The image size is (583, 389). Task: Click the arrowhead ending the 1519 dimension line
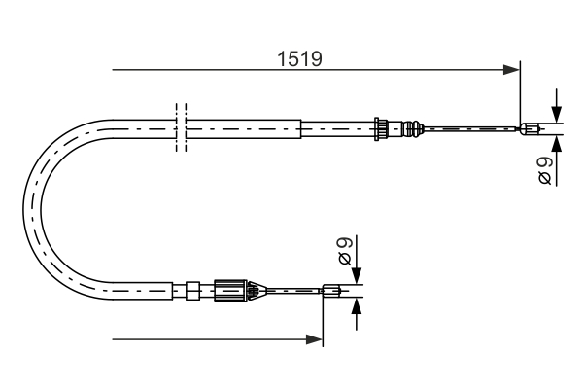(x=511, y=69)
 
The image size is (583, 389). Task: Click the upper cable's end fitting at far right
(x=532, y=127)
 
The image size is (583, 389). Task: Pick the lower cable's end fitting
(x=332, y=288)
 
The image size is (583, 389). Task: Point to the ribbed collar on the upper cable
(x=383, y=127)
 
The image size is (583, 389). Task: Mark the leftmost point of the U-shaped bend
(x=22, y=207)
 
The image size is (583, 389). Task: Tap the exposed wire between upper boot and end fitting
(x=471, y=127)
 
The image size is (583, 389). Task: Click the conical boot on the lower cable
(x=255, y=288)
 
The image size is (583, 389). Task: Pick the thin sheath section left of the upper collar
(x=336, y=127)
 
